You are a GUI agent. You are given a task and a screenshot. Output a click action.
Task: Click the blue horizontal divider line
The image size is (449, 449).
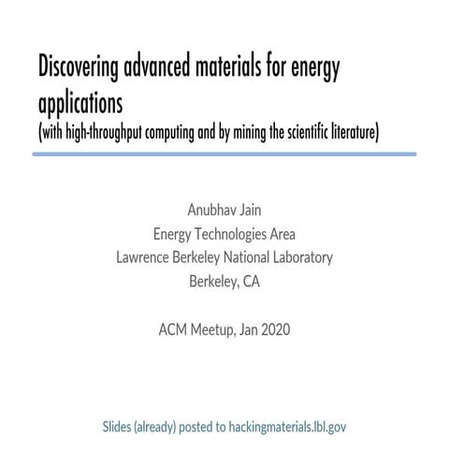pos(224,153)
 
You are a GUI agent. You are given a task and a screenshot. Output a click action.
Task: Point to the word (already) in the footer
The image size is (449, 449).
pos(163,427)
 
